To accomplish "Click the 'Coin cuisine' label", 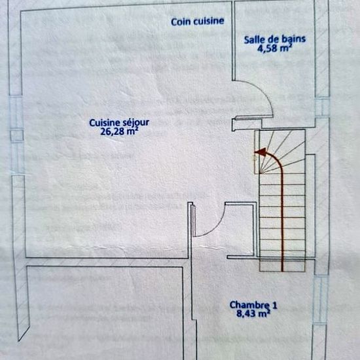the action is click(x=198, y=22).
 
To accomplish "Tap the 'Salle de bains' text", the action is click(x=275, y=39).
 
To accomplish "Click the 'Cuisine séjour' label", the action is click(x=119, y=123).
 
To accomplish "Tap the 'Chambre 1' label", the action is click(x=253, y=305).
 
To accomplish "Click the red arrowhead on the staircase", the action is click(x=261, y=152).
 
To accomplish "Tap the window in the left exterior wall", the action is click(x=16, y=135).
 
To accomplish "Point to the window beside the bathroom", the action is click(x=323, y=107).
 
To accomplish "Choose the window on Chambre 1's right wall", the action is click(x=321, y=300).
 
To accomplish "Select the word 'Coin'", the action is click(x=181, y=22).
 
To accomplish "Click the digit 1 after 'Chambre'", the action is click(x=274, y=305).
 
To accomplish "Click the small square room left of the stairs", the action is click(x=240, y=230).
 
